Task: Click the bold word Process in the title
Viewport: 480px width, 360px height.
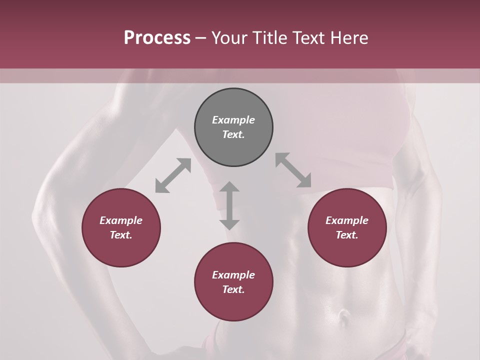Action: [157, 38]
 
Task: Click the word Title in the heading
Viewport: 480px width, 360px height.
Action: [270, 38]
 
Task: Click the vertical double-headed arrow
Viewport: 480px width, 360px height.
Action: [229, 205]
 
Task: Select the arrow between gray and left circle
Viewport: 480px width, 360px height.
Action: [173, 175]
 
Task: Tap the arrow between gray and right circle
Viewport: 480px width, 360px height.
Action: [293, 170]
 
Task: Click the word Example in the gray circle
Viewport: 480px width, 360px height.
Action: [233, 120]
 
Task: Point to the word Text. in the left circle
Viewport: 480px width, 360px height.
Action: [121, 235]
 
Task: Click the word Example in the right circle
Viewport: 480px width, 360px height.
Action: [347, 220]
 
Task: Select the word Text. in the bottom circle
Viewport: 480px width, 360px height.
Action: [233, 289]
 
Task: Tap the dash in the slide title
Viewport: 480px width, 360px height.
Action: [201, 38]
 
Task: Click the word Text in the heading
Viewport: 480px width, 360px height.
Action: [309, 38]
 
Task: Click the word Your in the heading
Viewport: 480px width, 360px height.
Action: [229, 38]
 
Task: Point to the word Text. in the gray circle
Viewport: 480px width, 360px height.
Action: [233, 134]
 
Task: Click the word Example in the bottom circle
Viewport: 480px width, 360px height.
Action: [233, 275]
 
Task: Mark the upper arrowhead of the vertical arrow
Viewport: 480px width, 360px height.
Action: [229, 187]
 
